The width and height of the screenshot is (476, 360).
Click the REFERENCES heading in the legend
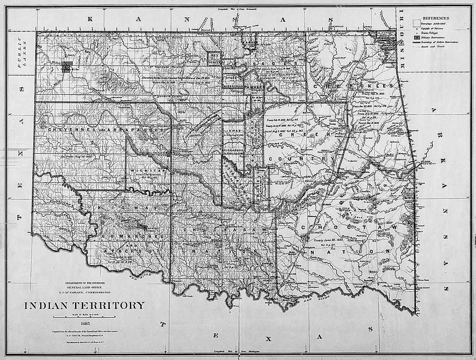pyautogui.click(x=437, y=17)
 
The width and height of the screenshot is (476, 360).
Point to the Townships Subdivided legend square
pyautogui.click(x=416, y=22)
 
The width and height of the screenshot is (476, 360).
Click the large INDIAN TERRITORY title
pyautogui.click(x=84, y=306)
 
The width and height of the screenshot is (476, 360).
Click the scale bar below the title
pyautogui.click(x=84, y=317)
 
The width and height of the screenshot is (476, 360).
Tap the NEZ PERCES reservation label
pyautogui.click(x=214, y=58)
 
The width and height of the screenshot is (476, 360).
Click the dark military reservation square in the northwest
pyautogui.click(x=67, y=67)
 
